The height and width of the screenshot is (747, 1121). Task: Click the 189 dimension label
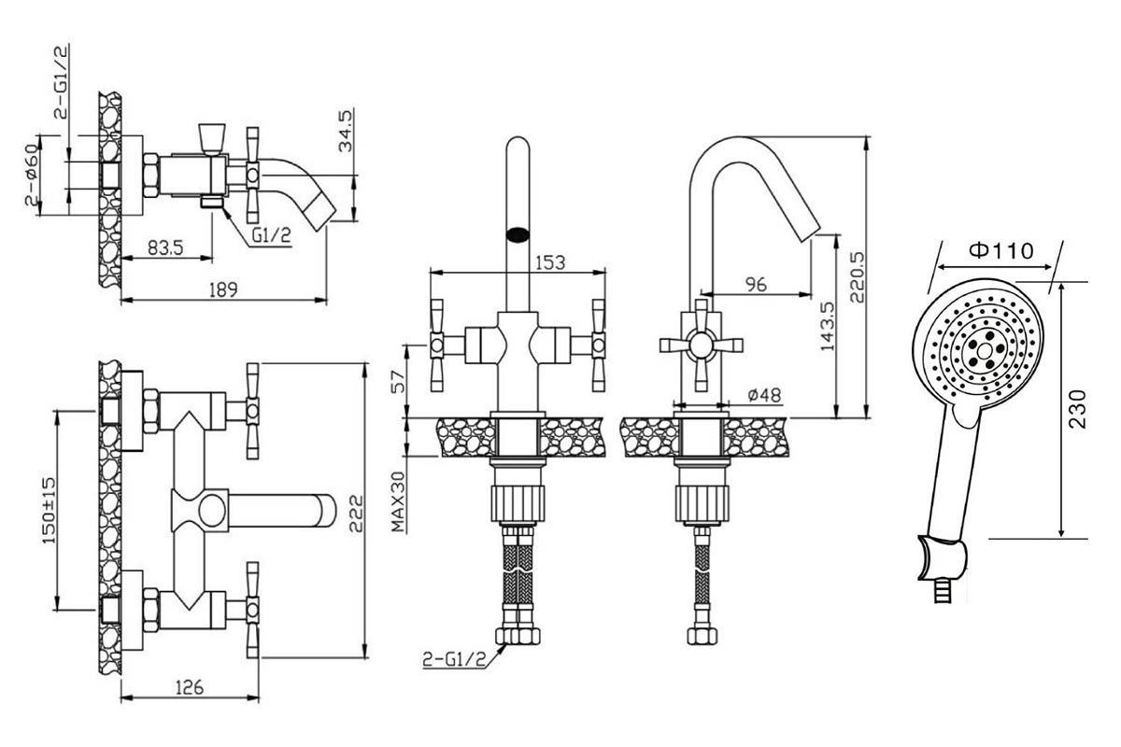pyautogui.click(x=223, y=289)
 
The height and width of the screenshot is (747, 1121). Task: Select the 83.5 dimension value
pyautogui.click(x=165, y=247)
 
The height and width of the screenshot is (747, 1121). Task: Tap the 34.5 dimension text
pyautogui.click(x=346, y=131)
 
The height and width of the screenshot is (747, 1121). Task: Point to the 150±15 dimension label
pyautogui.click(x=49, y=511)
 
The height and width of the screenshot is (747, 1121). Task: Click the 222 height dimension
pyautogui.click(x=355, y=514)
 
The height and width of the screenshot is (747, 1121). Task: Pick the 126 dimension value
pyautogui.click(x=191, y=687)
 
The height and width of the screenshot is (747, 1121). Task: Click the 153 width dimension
pyautogui.click(x=550, y=262)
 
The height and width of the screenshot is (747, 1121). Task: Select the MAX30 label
pyautogui.click(x=398, y=501)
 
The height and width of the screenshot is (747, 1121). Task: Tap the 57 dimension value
pyautogui.click(x=399, y=382)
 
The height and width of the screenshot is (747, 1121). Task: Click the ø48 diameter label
pyautogui.click(x=764, y=395)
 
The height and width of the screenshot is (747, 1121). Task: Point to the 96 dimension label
pyautogui.click(x=756, y=284)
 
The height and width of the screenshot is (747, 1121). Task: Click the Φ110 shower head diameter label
pyautogui.click(x=1001, y=250)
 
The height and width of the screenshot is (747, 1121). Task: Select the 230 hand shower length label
pyautogui.click(x=1078, y=409)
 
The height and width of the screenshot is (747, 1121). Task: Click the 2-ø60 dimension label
pyautogui.click(x=31, y=176)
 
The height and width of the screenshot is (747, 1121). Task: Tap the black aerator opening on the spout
pyautogui.click(x=518, y=234)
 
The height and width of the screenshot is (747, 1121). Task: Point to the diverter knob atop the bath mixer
pyautogui.click(x=212, y=137)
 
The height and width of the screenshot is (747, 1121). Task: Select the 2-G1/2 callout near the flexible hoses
pyautogui.click(x=454, y=659)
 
